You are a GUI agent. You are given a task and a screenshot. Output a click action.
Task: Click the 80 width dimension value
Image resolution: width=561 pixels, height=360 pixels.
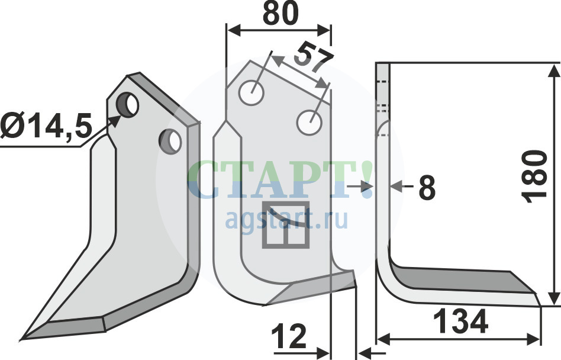280,13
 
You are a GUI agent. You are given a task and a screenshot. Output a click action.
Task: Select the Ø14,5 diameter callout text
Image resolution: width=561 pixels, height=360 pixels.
46,126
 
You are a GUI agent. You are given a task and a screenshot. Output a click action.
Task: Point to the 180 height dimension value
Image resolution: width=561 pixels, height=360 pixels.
534,176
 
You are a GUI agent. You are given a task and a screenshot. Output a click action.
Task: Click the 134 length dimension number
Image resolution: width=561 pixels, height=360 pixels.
460,322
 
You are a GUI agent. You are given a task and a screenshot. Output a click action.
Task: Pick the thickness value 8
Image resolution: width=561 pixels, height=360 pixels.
427,187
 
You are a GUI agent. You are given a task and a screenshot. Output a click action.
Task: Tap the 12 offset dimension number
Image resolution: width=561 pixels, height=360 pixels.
289,336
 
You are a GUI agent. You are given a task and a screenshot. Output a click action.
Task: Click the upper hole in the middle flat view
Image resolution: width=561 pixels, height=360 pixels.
252,93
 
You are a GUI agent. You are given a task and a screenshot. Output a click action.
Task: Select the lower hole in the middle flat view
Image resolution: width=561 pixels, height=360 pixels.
310,123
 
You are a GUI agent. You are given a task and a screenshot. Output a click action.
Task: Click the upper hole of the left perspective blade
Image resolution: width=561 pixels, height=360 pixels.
127,104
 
